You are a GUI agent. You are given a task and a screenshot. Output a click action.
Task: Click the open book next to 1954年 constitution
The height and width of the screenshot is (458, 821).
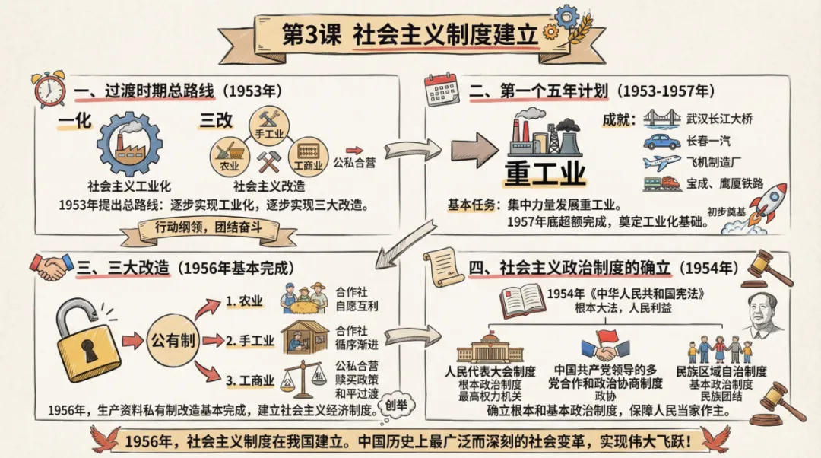click(x=522, y=301)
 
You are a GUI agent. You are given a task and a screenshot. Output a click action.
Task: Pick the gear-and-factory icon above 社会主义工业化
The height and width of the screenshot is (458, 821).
click(x=129, y=145)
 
